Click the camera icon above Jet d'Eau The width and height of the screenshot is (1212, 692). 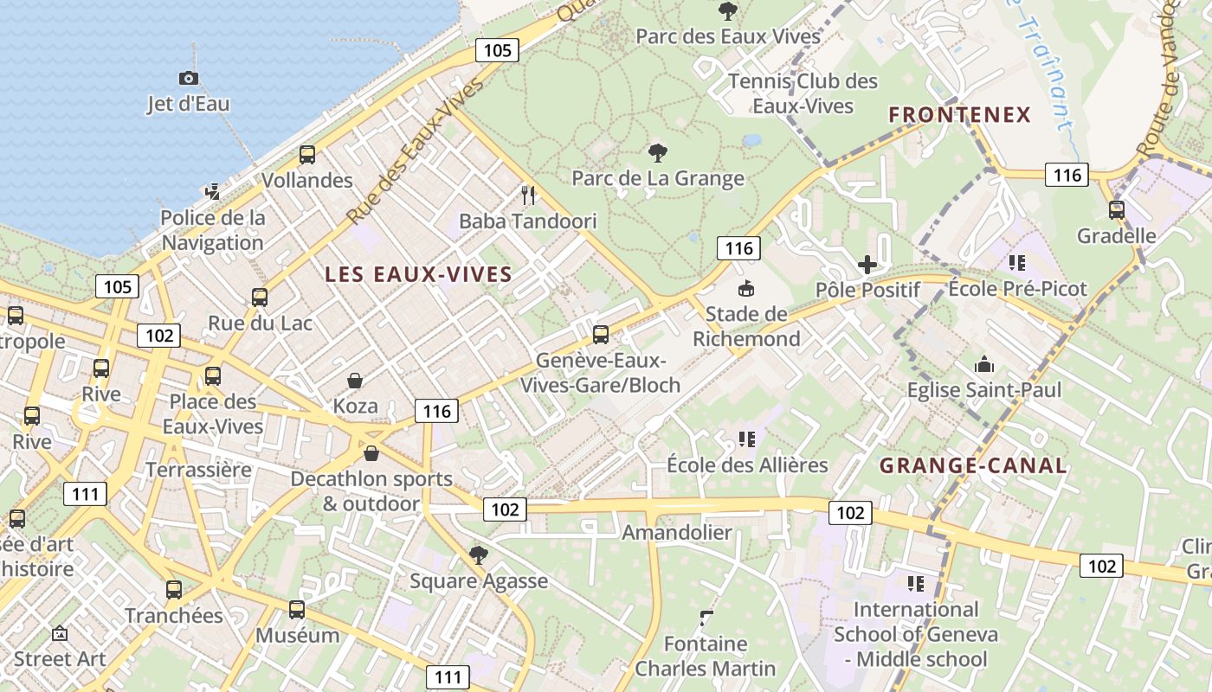click(x=188, y=78)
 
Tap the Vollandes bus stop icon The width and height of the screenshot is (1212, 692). click(x=306, y=155)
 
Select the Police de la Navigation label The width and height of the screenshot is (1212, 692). click(x=213, y=230)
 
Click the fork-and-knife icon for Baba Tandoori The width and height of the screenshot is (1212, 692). click(x=528, y=195)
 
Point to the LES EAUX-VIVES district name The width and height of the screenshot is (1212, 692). click(x=418, y=274)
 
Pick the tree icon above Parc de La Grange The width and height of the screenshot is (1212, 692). click(x=657, y=153)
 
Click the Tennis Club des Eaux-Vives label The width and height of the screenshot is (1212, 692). click(x=803, y=93)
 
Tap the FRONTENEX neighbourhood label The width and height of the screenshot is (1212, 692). click(x=960, y=114)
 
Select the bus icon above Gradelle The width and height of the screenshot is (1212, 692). click(x=1116, y=209)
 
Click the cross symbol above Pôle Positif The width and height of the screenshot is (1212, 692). click(x=867, y=265)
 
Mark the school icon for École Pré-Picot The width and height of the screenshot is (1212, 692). click(x=1016, y=262)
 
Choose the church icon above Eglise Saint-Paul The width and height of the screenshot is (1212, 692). click(x=984, y=364)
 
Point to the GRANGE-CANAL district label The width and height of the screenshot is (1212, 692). click(x=973, y=465)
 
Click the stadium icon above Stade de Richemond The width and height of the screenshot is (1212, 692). click(x=745, y=288)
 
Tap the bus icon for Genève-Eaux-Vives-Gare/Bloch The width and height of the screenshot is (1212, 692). click(x=600, y=334)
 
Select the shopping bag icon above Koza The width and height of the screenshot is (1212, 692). click(x=355, y=381)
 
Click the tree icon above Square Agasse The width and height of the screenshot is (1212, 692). click(x=478, y=554)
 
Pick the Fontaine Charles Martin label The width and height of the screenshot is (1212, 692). click(x=706, y=656)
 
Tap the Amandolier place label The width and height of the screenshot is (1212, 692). click(x=677, y=532)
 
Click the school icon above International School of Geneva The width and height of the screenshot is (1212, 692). click(x=915, y=584)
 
